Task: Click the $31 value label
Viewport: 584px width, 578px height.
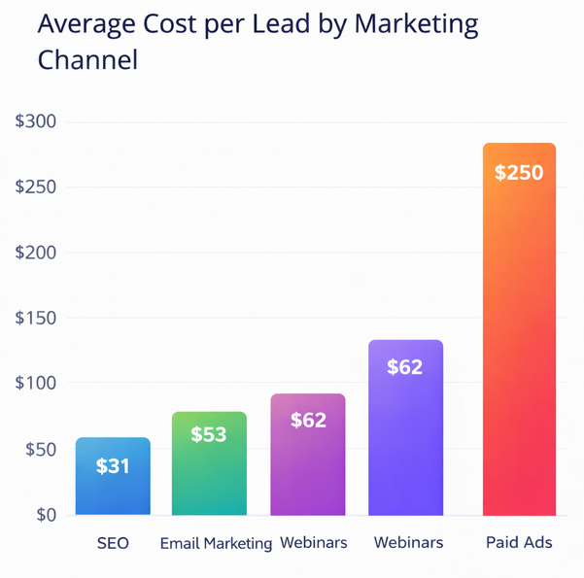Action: click(113, 466)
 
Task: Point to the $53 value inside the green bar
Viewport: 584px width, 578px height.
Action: click(209, 434)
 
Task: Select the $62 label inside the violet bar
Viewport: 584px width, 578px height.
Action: click(405, 367)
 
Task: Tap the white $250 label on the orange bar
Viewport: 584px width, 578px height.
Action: click(519, 173)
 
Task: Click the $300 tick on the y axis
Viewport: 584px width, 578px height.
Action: click(37, 122)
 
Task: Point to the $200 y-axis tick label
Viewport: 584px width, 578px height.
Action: click(37, 253)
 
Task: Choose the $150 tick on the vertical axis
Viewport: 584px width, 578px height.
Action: click(37, 319)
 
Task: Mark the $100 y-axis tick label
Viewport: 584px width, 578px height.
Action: click(37, 384)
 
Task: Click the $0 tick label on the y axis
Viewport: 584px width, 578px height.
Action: click(45, 515)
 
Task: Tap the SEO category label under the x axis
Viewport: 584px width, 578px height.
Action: click(113, 543)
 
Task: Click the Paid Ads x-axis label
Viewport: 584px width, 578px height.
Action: click(519, 543)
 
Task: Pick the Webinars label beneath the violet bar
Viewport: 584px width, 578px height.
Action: click(408, 543)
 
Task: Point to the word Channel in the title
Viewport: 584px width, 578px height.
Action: click(87, 60)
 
